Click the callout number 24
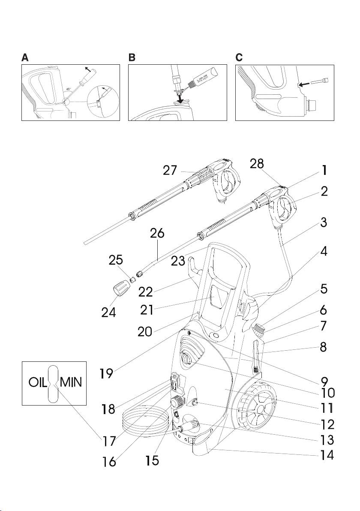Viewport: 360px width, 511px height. [x=108, y=311]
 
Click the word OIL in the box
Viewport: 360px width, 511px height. [x=38, y=383]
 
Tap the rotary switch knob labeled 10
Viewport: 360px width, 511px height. [x=186, y=358]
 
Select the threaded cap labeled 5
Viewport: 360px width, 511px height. [x=258, y=331]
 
